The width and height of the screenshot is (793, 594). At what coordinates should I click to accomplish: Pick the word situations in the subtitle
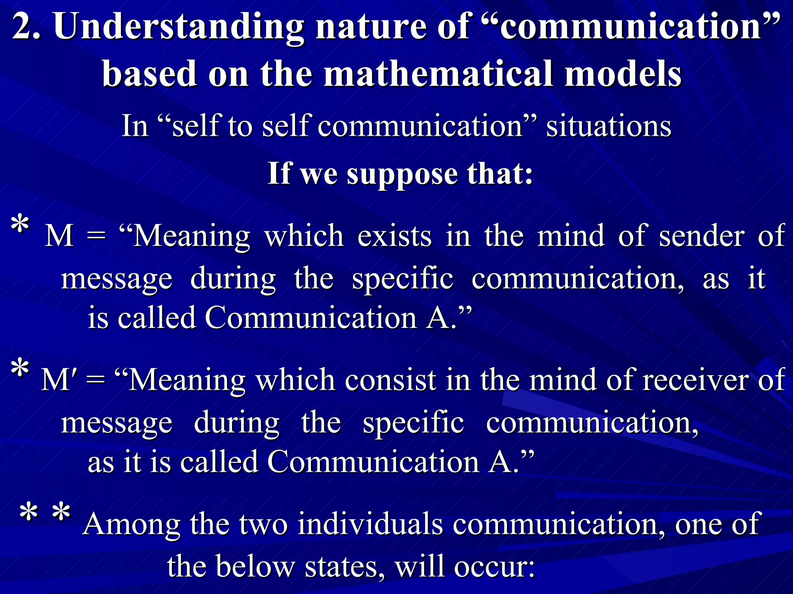609,126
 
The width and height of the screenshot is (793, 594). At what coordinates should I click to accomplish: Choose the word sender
701,236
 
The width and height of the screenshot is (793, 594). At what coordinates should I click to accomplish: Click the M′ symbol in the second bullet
60,380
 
